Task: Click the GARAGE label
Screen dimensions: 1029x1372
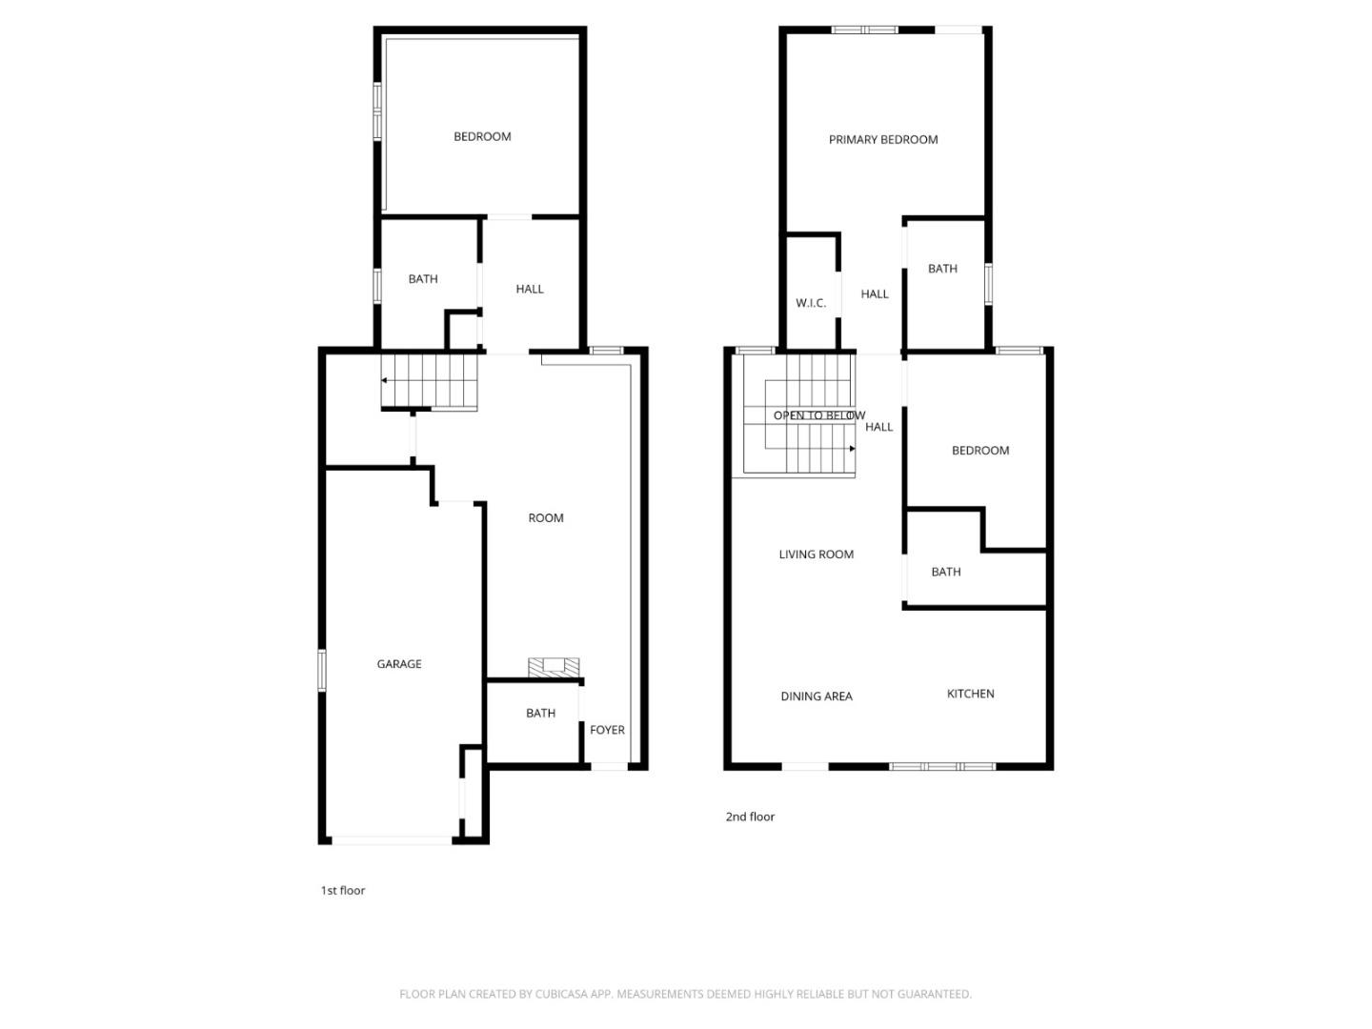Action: point(398,664)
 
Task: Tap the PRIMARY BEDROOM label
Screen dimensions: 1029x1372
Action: point(882,140)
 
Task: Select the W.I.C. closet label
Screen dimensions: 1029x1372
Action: point(811,303)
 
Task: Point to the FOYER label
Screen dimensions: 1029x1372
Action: point(607,730)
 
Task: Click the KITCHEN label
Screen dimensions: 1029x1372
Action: point(970,694)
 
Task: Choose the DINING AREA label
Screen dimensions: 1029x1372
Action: point(816,696)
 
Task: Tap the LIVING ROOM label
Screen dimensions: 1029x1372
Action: point(816,555)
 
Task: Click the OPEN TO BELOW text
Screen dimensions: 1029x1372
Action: point(818,415)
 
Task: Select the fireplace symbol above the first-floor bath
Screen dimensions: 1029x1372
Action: point(555,667)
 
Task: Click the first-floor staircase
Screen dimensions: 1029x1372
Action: point(429,381)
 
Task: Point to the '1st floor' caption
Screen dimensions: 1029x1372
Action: point(342,891)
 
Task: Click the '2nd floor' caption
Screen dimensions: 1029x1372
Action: point(750,817)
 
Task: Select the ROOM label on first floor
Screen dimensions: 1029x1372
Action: point(546,518)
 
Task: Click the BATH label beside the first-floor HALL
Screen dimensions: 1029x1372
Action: point(423,279)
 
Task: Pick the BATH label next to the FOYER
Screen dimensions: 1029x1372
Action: point(540,714)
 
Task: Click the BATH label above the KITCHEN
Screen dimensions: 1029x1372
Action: point(945,572)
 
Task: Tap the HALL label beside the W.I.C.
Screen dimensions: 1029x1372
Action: point(874,294)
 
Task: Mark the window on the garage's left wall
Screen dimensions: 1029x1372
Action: point(322,669)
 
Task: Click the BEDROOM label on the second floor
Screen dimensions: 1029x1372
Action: point(979,451)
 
